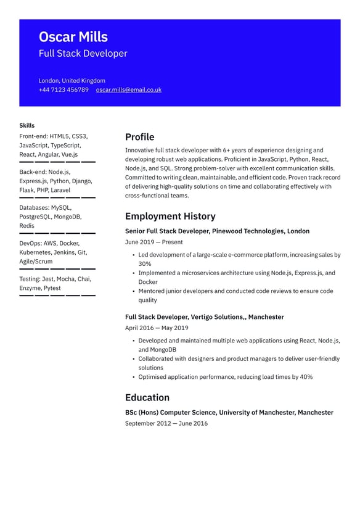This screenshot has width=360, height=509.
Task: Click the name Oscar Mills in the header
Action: [73, 37]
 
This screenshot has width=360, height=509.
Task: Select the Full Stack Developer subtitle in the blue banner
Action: [83, 54]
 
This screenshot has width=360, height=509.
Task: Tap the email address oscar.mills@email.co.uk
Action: [128, 90]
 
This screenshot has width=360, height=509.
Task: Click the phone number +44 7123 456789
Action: [63, 90]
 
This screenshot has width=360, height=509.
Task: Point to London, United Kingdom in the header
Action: [72, 81]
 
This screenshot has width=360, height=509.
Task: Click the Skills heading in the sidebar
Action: [27, 125]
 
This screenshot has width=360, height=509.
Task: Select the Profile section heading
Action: [139, 137]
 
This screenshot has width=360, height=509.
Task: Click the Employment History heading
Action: [170, 217]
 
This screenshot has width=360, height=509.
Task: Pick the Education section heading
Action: [147, 397]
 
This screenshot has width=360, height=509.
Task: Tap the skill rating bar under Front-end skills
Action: [57, 162]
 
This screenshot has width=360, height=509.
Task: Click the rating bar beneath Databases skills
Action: [57, 233]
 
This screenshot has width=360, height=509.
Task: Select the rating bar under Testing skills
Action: [57, 296]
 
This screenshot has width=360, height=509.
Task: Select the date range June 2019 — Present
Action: [153, 242]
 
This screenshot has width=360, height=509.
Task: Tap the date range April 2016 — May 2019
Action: [157, 328]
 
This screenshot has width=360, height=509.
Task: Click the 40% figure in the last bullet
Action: [306, 377]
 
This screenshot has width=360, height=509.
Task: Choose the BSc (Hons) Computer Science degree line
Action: [229, 412]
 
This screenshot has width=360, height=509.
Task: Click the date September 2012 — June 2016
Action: [166, 423]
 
